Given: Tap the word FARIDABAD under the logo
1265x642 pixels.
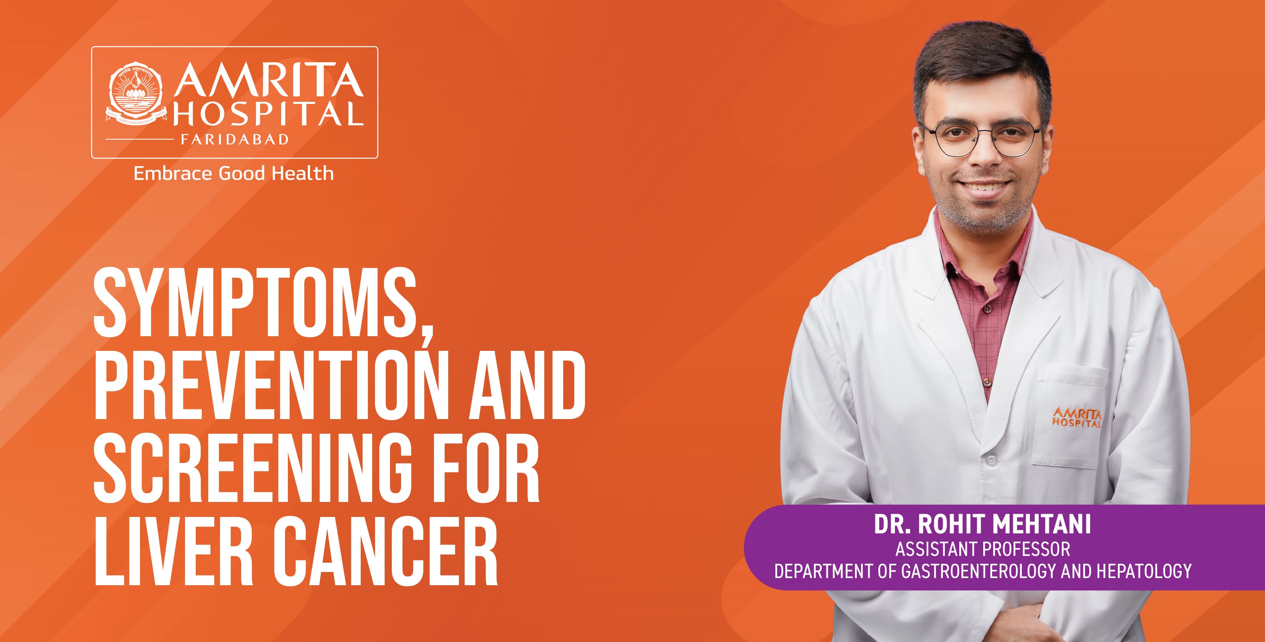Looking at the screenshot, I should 234,139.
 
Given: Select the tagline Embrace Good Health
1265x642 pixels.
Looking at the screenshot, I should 234,173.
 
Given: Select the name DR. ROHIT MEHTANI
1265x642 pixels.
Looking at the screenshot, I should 982,524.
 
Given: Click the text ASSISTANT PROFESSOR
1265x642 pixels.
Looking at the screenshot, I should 982,549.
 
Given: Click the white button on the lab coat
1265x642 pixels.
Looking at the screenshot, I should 990,460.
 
